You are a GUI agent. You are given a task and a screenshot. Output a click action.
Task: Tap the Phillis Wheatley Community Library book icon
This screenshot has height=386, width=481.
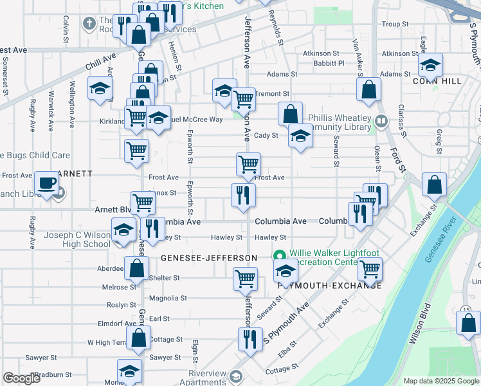[x=381, y=120]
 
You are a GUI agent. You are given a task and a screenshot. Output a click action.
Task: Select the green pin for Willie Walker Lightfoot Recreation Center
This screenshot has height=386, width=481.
[x=280, y=255]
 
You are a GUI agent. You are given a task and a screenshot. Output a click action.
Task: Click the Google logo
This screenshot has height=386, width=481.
[x=22, y=378]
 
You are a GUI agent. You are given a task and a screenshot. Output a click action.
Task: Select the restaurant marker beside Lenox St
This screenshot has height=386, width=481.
[x=243, y=196]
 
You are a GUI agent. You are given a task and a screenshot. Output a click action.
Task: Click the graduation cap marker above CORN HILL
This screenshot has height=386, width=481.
[x=431, y=64]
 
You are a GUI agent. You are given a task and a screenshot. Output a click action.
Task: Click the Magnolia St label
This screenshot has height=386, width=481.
[x=167, y=299]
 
